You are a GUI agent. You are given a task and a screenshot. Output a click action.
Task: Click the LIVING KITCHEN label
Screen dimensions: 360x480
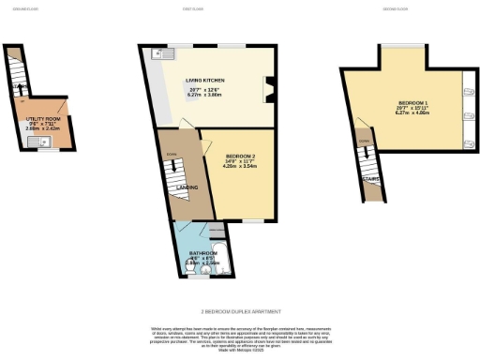click(209, 82)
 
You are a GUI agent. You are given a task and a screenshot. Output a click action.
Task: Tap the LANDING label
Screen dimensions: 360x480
click(186, 187)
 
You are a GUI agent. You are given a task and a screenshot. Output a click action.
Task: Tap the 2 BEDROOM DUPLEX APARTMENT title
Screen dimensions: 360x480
click(239, 310)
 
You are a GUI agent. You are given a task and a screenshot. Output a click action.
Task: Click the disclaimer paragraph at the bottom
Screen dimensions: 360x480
click(239, 338)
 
